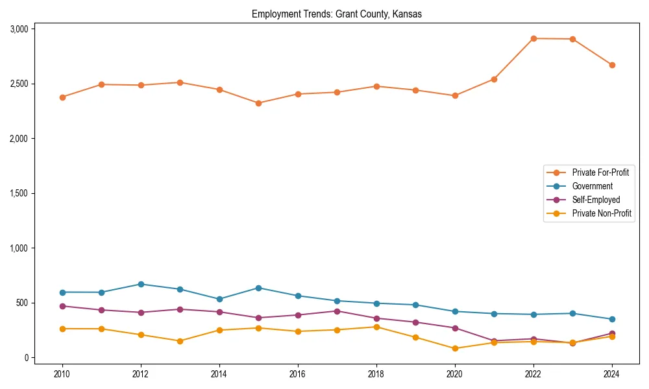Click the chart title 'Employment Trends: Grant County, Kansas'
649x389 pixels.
coord(337,14)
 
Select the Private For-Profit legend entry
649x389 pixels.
coord(600,172)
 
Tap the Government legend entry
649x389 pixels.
coord(592,186)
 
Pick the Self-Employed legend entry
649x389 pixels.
coord(596,200)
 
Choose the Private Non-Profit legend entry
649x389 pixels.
coord(602,213)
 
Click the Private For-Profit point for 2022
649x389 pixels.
coord(533,38)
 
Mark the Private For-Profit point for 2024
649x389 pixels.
coord(612,65)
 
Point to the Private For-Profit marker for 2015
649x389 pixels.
coord(258,103)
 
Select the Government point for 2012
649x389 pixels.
coord(141,284)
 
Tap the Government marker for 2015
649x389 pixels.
coord(258,288)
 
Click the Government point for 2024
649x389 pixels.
coord(612,319)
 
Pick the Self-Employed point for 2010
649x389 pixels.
coord(62,306)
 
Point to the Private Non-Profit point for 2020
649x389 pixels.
coord(455,348)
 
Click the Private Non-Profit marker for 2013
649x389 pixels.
coord(180,341)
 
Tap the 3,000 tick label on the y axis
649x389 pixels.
coord(19,29)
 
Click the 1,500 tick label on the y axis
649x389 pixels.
coord(19,193)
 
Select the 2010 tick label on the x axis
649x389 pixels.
coord(62,374)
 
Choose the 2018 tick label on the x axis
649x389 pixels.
coord(376,374)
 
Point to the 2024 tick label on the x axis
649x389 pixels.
coord(612,374)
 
